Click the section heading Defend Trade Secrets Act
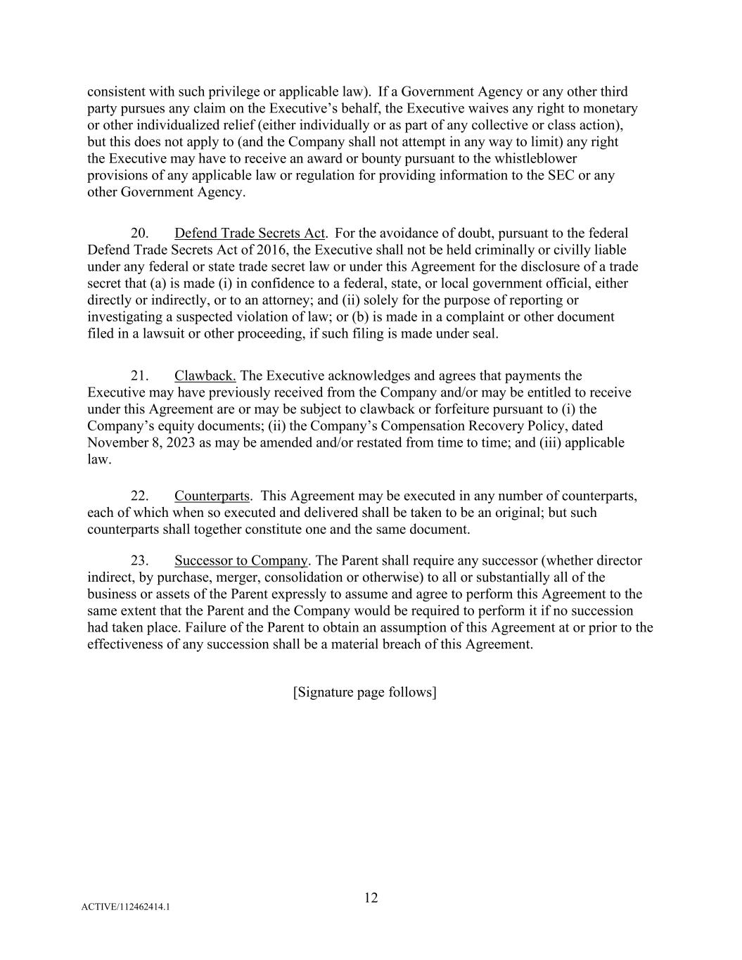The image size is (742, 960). coord(249,233)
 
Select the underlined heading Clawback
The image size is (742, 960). coord(205,376)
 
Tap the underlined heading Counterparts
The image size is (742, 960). coord(212,496)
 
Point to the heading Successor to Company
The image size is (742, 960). coord(241,561)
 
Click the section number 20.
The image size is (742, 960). coord(139,233)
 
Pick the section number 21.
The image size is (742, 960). coord(139,376)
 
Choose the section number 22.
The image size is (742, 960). coord(139,496)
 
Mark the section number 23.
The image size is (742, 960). coord(139,561)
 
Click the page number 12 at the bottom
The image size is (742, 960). coord(371,897)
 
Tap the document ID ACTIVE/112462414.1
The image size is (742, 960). coord(125,907)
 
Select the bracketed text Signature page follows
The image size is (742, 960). coord(364,692)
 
